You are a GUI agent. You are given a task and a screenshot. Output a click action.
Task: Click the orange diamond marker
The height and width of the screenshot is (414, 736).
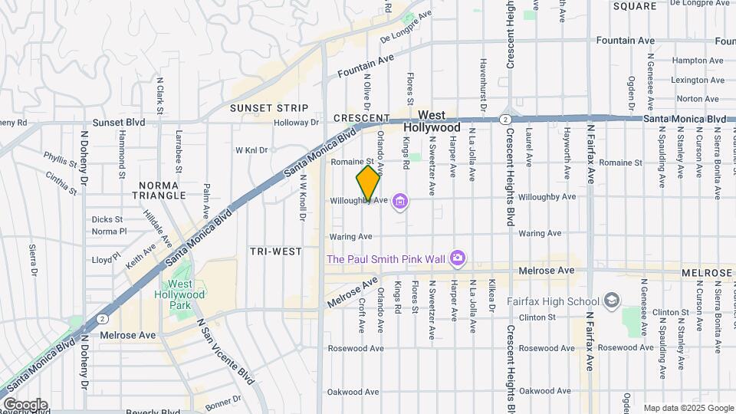(x=368, y=183)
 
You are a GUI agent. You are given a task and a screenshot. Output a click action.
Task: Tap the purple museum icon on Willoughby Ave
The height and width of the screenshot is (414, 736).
(x=399, y=202)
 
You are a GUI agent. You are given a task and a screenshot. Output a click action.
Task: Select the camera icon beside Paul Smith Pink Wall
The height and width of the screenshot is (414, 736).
(x=458, y=258)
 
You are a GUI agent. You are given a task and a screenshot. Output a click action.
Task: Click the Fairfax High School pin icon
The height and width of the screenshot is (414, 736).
(x=611, y=299)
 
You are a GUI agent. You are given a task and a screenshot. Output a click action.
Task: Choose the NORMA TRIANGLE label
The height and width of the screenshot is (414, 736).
(x=159, y=190)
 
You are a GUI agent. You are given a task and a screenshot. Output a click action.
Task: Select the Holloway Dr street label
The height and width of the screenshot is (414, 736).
(x=297, y=122)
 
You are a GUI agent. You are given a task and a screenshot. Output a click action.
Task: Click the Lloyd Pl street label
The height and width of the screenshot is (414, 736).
(x=107, y=260)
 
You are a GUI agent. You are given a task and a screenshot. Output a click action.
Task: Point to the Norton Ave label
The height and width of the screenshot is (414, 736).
(x=698, y=99)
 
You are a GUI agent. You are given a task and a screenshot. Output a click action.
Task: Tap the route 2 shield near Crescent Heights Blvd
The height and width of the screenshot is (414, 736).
(x=505, y=119)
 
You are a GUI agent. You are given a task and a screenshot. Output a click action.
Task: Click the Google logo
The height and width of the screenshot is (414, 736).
(x=25, y=404)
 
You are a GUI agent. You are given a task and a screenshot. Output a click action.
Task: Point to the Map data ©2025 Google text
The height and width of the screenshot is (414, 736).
(x=688, y=408)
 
